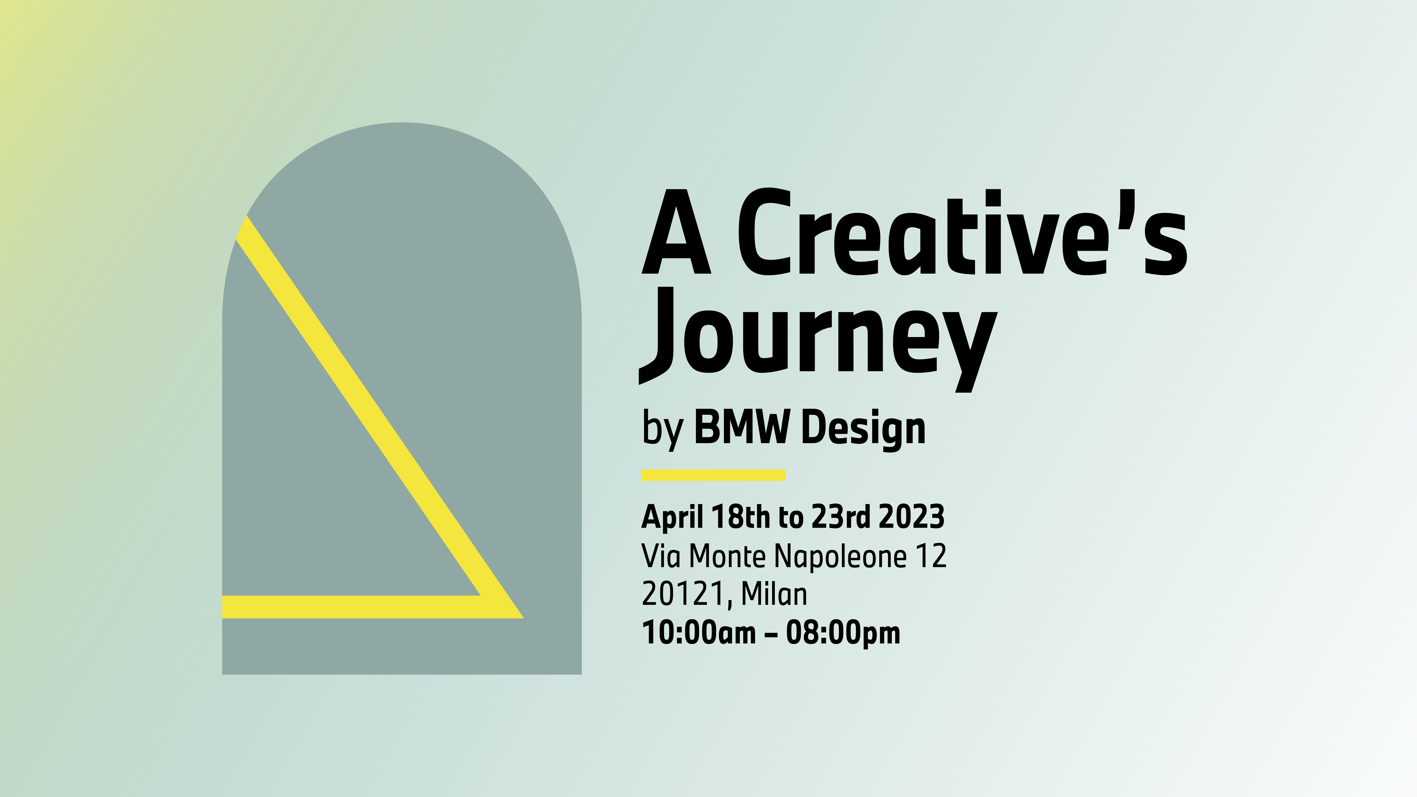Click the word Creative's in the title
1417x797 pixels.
click(x=962, y=232)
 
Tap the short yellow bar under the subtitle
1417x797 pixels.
click(x=713, y=475)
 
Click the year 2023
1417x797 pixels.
click(x=911, y=517)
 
